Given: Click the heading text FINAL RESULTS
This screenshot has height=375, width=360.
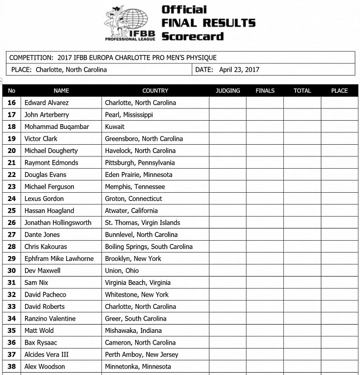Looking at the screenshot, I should [208, 23].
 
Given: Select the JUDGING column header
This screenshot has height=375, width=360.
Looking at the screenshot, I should [228, 91].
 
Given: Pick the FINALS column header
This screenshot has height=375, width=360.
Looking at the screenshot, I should [265, 91].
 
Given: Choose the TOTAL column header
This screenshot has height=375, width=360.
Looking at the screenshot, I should [302, 91].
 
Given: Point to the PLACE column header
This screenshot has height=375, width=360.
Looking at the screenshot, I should [340, 91].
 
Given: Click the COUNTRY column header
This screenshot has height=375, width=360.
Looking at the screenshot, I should [155, 91].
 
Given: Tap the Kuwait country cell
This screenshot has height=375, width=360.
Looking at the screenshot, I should [115, 127].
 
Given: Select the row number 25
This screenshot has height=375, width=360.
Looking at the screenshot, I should [12, 211].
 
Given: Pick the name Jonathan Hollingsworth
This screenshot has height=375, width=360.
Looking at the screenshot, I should [58, 223].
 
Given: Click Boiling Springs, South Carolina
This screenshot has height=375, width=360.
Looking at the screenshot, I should [149, 247].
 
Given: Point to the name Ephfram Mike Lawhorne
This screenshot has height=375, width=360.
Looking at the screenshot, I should [59, 259].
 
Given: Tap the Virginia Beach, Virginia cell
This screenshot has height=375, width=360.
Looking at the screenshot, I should [138, 282].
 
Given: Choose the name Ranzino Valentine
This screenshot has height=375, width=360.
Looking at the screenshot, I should [50, 319].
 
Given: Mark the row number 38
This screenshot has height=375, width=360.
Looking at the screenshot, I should [12, 367].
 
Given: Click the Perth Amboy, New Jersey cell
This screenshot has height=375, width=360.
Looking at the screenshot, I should [142, 354].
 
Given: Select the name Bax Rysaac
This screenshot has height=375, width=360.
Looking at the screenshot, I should [41, 343].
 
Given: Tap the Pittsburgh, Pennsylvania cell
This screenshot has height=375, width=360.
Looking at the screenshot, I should [140, 163].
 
